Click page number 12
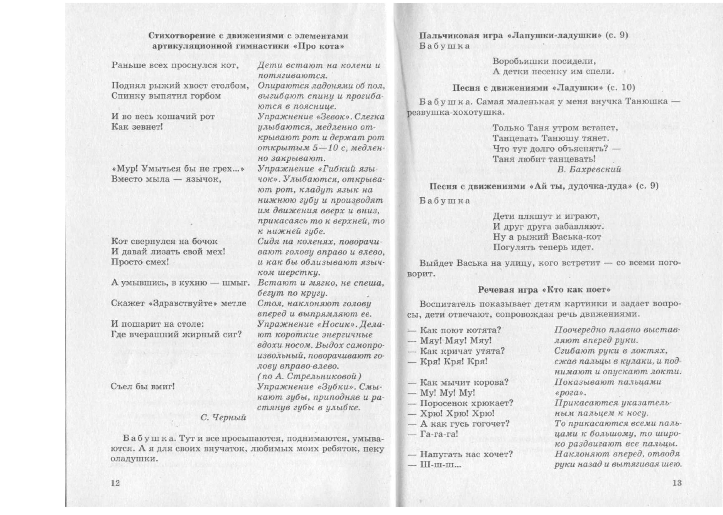tap(115, 483)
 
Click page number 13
tap(677, 483)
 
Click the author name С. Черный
tap(223, 418)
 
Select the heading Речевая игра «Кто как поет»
tap(544, 290)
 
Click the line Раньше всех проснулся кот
tap(175, 65)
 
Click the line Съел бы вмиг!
tap(143, 387)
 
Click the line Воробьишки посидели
tap(543, 61)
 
